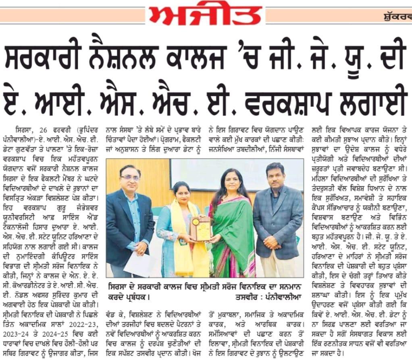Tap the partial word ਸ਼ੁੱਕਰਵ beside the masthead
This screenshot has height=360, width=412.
click(x=397, y=17)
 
